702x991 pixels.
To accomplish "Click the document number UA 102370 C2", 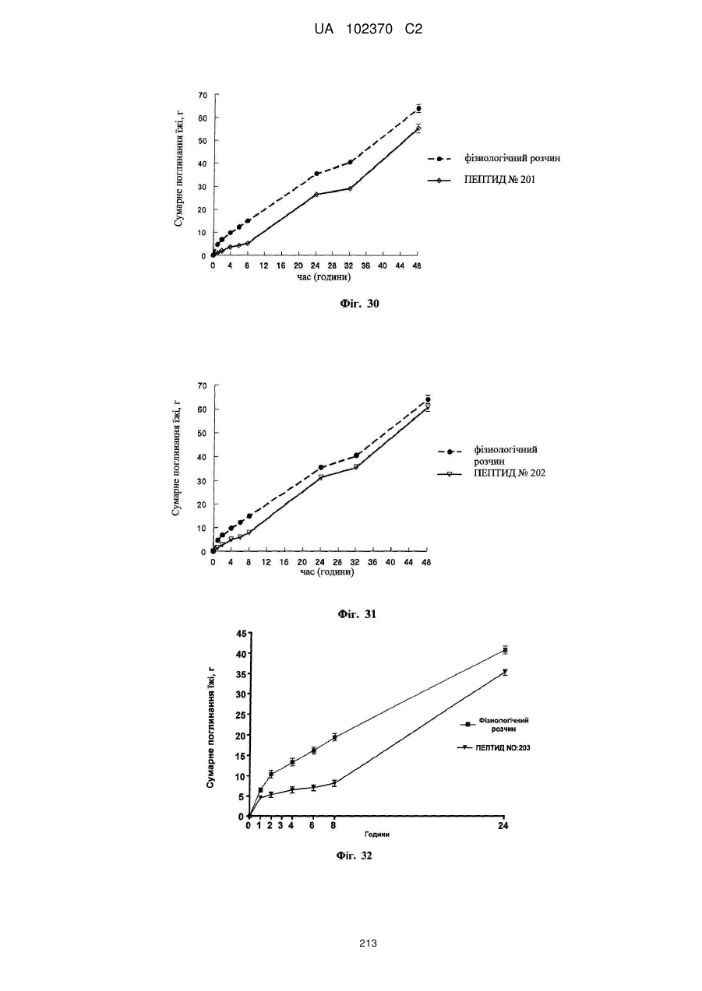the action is click(369, 30).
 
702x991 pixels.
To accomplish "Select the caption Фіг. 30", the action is click(359, 304).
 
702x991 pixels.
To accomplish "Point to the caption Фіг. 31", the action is click(357, 613).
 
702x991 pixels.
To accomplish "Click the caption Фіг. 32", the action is click(354, 856).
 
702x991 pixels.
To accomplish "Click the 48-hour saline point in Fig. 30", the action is click(418, 108).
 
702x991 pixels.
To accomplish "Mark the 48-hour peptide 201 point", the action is click(418, 128).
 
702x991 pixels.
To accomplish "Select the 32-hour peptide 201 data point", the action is click(350, 188).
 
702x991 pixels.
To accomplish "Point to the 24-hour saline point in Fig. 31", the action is click(321, 467).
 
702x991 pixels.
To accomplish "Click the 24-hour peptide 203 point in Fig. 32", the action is click(504, 672).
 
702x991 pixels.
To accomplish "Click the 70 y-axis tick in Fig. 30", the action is click(203, 95).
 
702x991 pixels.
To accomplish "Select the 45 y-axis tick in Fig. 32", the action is click(241, 633).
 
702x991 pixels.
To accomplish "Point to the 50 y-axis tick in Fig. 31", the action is click(202, 433).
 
